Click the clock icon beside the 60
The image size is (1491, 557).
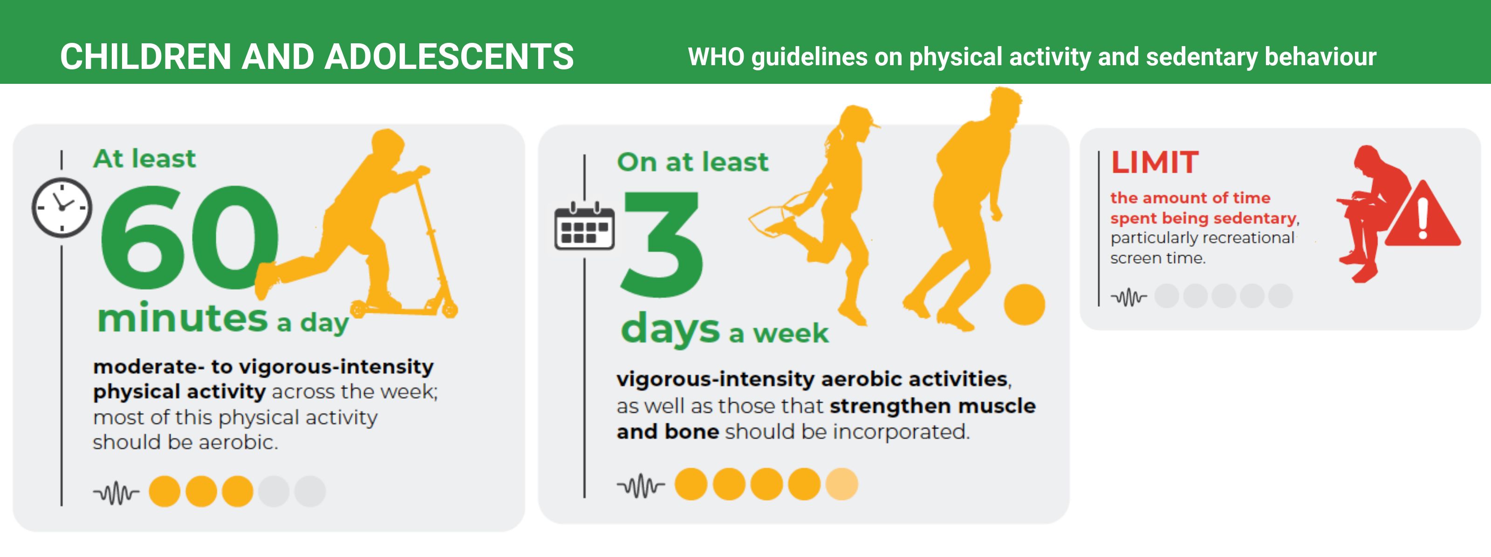(x=62, y=208)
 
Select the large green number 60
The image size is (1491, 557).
(x=189, y=238)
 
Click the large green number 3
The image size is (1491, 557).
(x=662, y=245)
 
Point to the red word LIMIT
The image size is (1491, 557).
(x=1155, y=162)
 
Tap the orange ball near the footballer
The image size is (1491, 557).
(x=1025, y=304)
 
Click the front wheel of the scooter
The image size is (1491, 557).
(x=449, y=309)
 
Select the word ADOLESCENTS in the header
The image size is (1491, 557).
(x=449, y=57)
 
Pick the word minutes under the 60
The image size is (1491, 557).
(x=183, y=318)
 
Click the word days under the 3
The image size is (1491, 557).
(x=670, y=328)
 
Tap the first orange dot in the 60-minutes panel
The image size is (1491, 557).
(x=164, y=492)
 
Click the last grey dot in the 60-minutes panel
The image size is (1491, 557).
(x=310, y=492)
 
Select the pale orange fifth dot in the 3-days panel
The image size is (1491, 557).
(x=841, y=484)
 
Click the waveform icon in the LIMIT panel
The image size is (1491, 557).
(x=1129, y=297)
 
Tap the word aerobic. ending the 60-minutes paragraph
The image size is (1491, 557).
(x=239, y=442)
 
